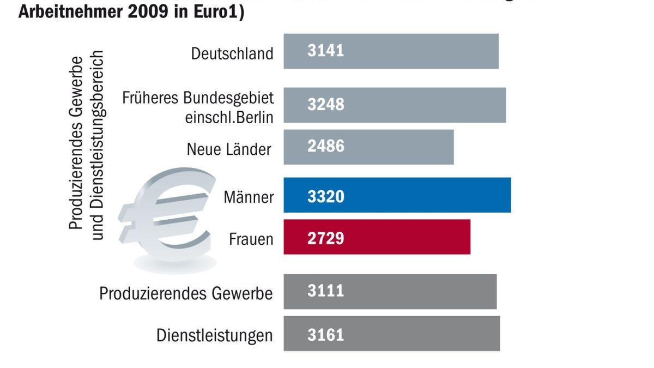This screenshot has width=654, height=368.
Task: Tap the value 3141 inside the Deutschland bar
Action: tap(325, 51)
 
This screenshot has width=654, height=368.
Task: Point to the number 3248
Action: tap(325, 104)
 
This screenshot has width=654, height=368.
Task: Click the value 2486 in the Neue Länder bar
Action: tap(325, 146)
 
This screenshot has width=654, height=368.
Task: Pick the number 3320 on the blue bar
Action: tap(325, 196)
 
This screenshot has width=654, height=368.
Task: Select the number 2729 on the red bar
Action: tap(325, 238)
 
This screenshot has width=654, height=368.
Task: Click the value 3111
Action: tap(325, 291)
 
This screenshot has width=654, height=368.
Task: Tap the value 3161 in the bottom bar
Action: tap(325, 334)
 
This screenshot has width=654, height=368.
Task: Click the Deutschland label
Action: tap(232, 53)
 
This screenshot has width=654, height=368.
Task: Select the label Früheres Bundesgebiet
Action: tap(198, 99)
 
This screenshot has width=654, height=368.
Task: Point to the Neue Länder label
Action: tap(228, 149)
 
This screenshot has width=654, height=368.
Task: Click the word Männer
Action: tap(249, 196)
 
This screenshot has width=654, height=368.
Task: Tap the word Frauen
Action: tap(251, 239)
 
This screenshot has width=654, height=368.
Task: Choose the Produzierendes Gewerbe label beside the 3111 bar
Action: tap(185, 293)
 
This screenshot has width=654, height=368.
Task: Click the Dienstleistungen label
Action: tap(214, 335)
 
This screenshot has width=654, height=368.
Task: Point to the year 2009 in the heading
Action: tap(148, 12)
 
